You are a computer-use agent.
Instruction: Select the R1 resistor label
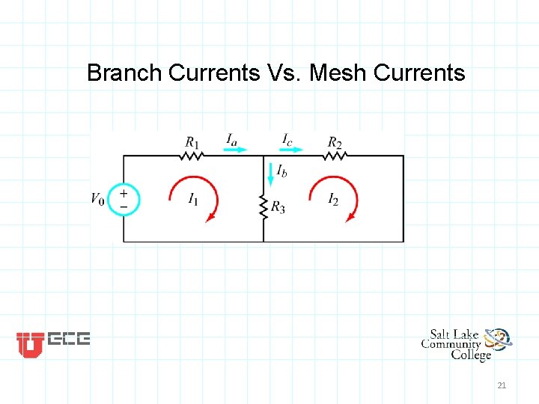193,142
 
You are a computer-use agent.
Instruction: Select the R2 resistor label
335,142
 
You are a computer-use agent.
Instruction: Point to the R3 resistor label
278,207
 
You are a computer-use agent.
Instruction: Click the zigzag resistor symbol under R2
335,156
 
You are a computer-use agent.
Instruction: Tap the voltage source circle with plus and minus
124,199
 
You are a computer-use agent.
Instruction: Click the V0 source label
98,199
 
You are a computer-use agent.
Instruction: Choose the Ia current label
233,138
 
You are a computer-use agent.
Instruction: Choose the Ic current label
287,138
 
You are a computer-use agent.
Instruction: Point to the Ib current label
281,171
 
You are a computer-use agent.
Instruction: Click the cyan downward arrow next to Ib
270,174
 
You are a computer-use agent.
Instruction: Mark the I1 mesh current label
194,199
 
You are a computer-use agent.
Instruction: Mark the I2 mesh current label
333,199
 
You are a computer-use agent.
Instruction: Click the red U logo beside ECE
30,344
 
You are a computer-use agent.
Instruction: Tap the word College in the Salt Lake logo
471,355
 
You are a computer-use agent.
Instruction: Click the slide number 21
502,385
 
